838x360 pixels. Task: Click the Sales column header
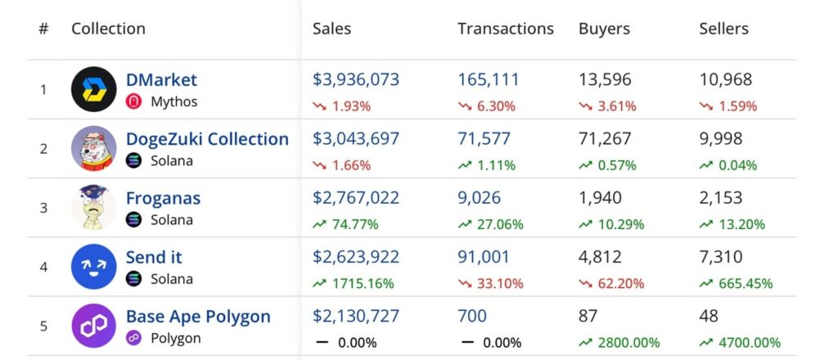coord(331,29)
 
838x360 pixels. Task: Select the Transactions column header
coord(505,29)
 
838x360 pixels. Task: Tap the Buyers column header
coord(604,29)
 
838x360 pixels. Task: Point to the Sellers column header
coord(723,29)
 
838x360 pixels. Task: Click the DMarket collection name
coord(161,80)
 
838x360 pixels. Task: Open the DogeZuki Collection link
coord(207,139)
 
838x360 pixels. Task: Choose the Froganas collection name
coord(163,198)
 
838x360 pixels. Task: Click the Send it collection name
coord(154,257)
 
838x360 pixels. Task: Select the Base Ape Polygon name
coord(198,316)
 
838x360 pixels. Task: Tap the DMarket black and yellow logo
coord(94,89)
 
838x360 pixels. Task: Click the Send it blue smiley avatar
coord(94,267)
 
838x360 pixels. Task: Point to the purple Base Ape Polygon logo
coord(94,326)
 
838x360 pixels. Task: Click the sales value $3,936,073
coord(356,80)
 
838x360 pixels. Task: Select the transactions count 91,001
coord(483,257)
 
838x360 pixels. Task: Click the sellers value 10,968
coord(725,80)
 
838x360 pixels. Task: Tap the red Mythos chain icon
coord(134,102)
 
